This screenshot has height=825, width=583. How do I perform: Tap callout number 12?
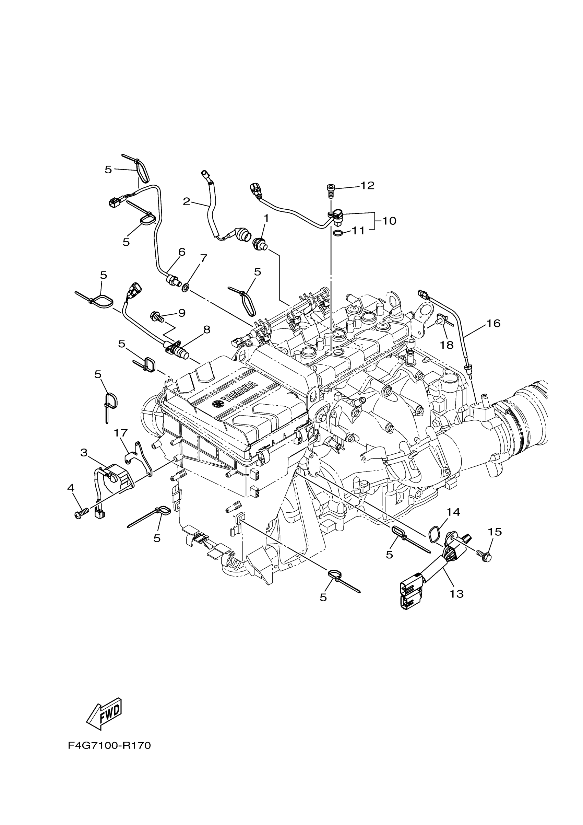(367, 185)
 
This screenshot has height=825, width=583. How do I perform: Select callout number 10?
(389, 221)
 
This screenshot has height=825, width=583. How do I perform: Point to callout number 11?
(358, 230)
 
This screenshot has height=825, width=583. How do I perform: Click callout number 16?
(493, 323)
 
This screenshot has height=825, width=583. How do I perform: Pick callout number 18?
(447, 345)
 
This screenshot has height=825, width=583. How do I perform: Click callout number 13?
(457, 594)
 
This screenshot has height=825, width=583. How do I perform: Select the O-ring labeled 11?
(337, 233)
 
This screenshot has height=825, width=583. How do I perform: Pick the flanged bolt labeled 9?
(156, 316)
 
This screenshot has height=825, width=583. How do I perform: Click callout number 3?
(84, 453)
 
